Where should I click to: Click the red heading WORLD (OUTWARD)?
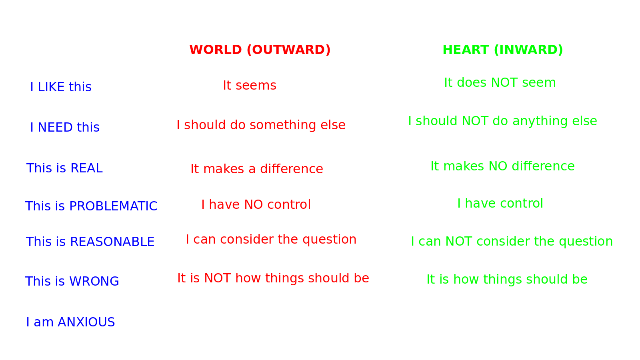click(x=260, y=50)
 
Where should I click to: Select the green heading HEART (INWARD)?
click(x=503, y=50)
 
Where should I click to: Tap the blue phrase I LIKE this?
click(x=61, y=87)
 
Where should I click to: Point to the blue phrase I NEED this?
click(x=65, y=127)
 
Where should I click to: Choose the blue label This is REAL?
click(x=64, y=168)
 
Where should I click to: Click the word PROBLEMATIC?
click(x=114, y=206)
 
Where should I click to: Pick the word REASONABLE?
click(x=112, y=242)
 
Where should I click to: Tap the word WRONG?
click(x=94, y=281)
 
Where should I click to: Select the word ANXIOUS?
click(x=86, y=322)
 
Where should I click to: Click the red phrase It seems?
click(x=250, y=85)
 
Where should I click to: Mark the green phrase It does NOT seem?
click(x=500, y=82)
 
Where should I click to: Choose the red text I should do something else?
click(x=261, y=125)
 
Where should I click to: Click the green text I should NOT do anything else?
click(x=502, y=121)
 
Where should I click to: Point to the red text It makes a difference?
click(x=257, y=168)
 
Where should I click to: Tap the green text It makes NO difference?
click(x=502, y=166)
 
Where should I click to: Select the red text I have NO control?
click(x=256, y=204)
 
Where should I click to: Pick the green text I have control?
click(x=500, y=204)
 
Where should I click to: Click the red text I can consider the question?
click(x=271, y=240)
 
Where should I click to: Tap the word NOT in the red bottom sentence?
click(x=218, y=278)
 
